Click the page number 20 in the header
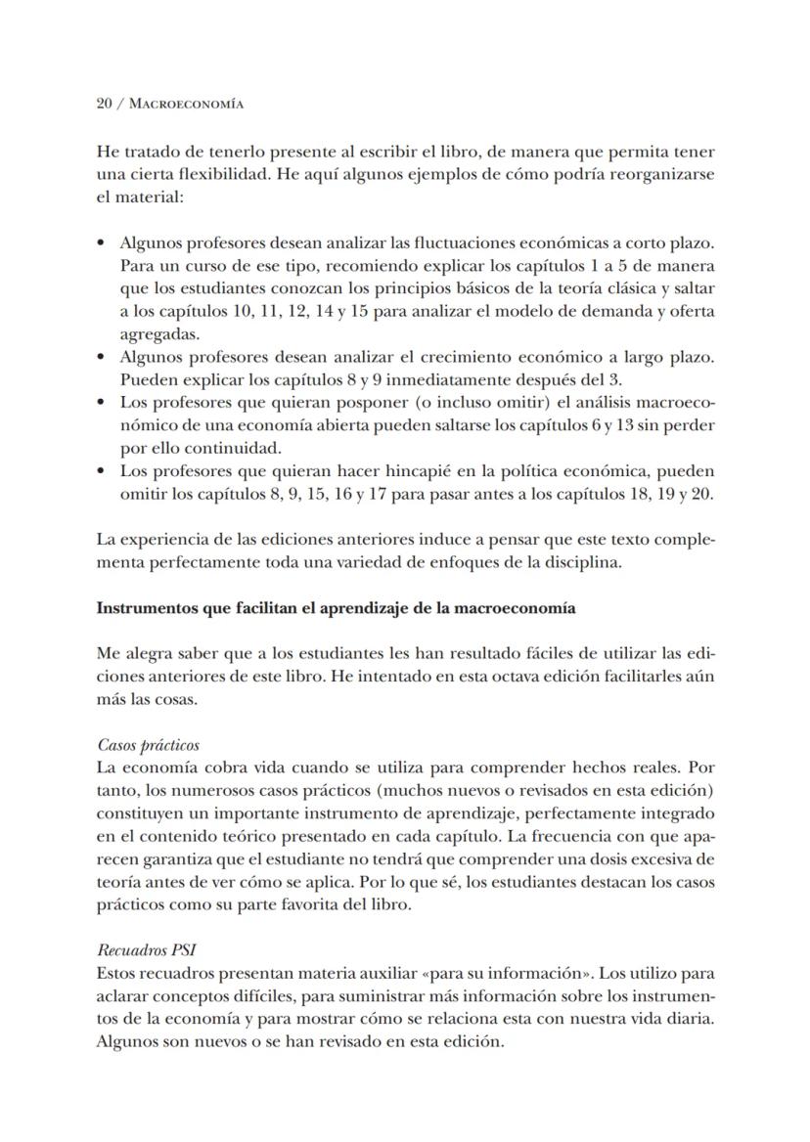pos(106,103)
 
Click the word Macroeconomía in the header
pos(189,103)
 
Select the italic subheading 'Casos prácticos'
pos(149,745)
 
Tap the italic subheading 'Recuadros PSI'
pos(144,949)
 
